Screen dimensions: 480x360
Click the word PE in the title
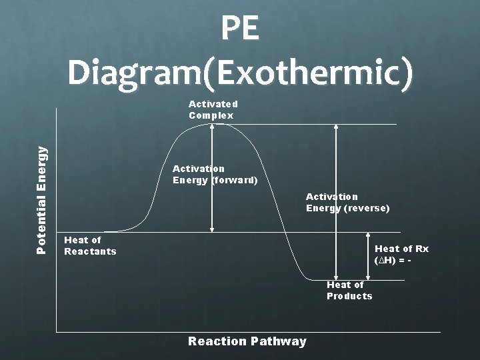click(239, 30)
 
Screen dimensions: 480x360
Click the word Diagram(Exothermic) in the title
click(239, 73)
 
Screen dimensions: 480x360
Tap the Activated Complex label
click(213, 109)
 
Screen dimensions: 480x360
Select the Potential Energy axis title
click(42, 200)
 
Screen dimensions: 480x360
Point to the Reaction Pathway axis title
click(247, 341)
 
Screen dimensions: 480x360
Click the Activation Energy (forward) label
click(215, 175)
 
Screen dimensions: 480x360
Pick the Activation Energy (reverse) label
click(347, 202)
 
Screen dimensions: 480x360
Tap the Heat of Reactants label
click(89, 245)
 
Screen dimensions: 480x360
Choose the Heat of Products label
click(349, 291)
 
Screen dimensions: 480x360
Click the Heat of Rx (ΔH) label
click(401, 254)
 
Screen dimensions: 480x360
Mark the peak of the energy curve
click(212, 125)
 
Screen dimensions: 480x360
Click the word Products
click(349, 296)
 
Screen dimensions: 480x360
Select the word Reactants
click(90, 251)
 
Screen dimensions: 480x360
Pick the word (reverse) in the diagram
click(367, 208)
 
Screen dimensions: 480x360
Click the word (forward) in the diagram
click(235, 180)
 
